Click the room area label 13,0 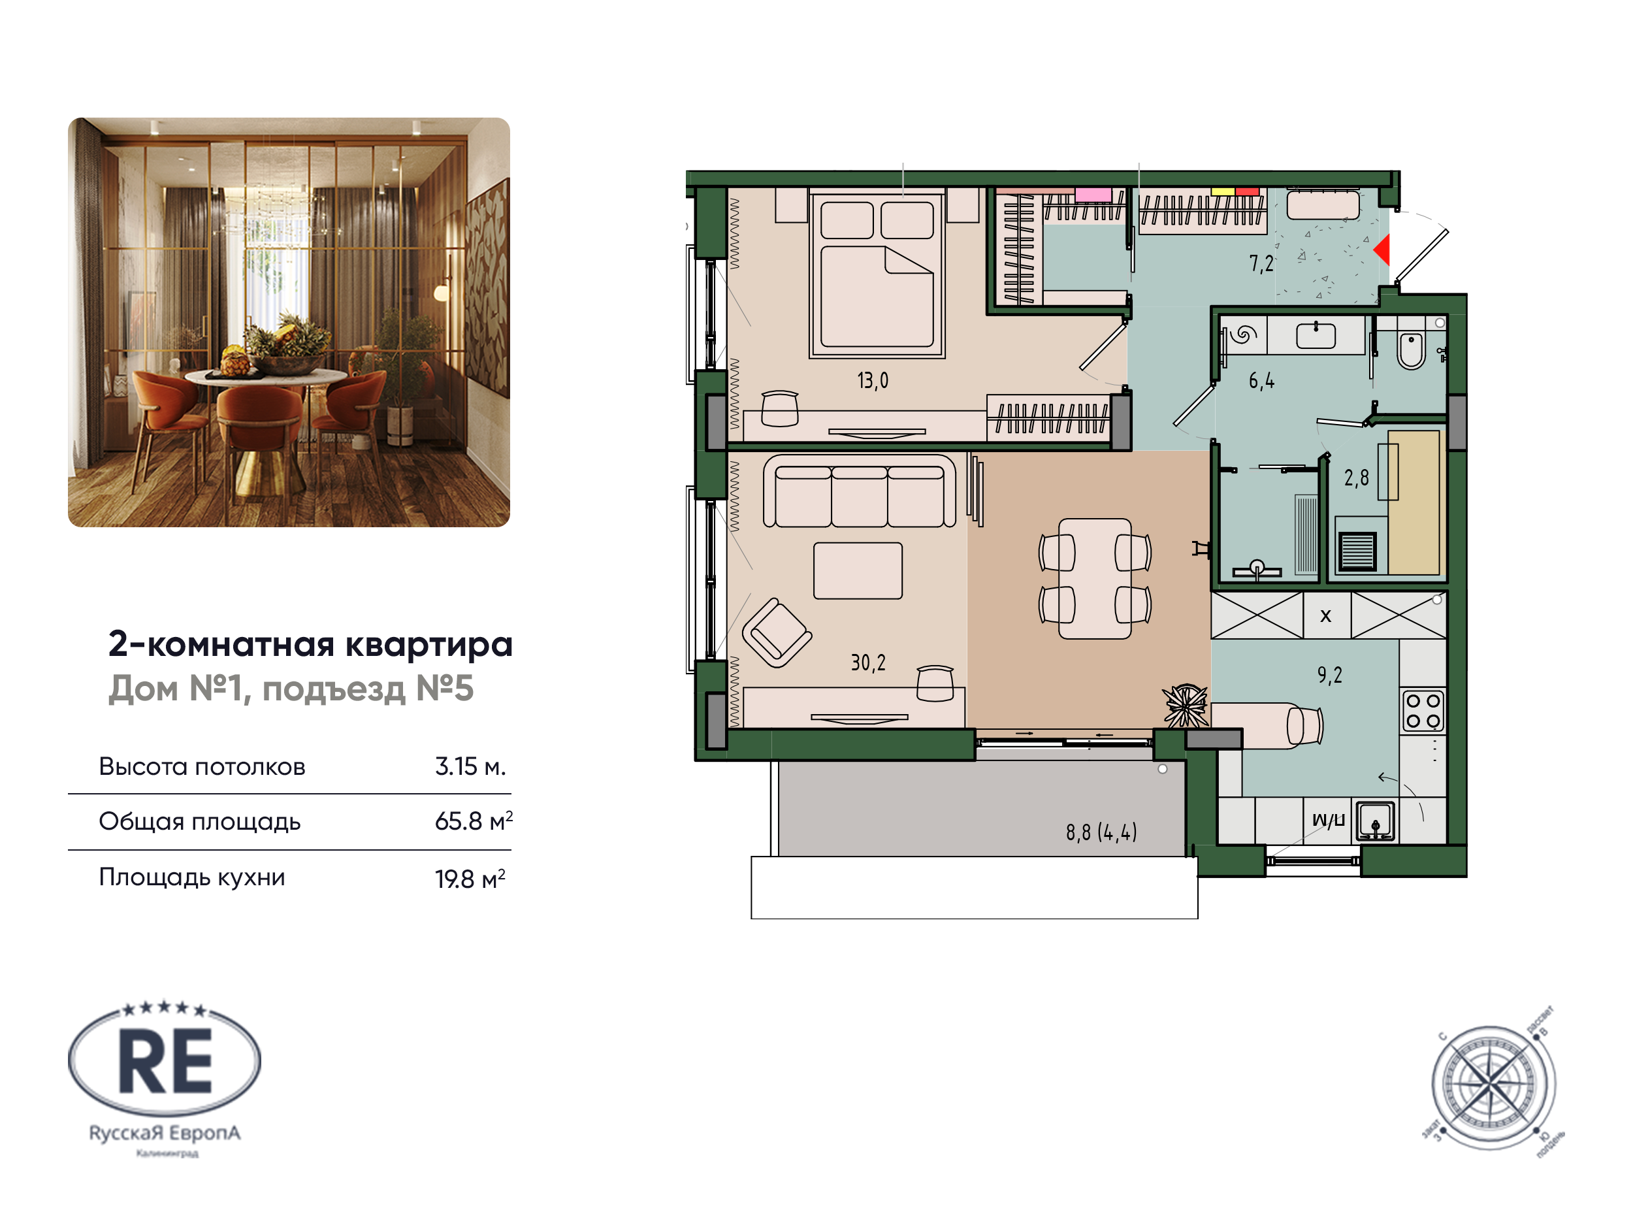click(872, 380)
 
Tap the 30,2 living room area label click(867, 662)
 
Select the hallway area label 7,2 click(1261, 263)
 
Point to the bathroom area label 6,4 click(1261, 381)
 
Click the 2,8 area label click(1356, 478)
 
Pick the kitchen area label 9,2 click(1329, 675)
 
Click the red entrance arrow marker click(1382, 250)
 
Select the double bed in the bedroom click(877, 273)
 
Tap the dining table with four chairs click(1094, 578)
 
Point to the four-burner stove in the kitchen click(1423, 710)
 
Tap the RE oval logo click(165, 1060)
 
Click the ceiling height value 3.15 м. click(470, 766)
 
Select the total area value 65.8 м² click(473, 821)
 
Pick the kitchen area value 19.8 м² click(470, 879)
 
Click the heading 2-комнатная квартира click(310, 644)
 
